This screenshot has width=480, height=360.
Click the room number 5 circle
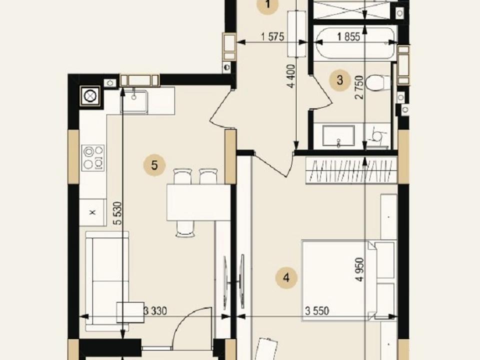coord(154,165)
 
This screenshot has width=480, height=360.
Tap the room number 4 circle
coord(286,278)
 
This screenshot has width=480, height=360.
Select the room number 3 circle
coord(340,80)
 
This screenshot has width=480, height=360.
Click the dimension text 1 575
coord(272,36)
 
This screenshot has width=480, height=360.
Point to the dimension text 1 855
coord(348,37)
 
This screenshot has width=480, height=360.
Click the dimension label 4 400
coord(291,76)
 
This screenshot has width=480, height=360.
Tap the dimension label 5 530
coord(117,213)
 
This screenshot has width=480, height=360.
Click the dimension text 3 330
coord(155,311)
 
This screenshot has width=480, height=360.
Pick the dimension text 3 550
coord(317,311)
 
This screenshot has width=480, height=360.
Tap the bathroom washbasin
coord(338,136)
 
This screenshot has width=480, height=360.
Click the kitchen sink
coord(134,101)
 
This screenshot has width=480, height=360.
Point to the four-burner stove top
coord(93,157)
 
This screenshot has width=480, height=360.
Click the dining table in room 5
coord(198,202)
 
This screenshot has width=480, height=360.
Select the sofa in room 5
coord(107,281)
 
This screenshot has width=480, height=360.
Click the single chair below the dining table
coord(185,229)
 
